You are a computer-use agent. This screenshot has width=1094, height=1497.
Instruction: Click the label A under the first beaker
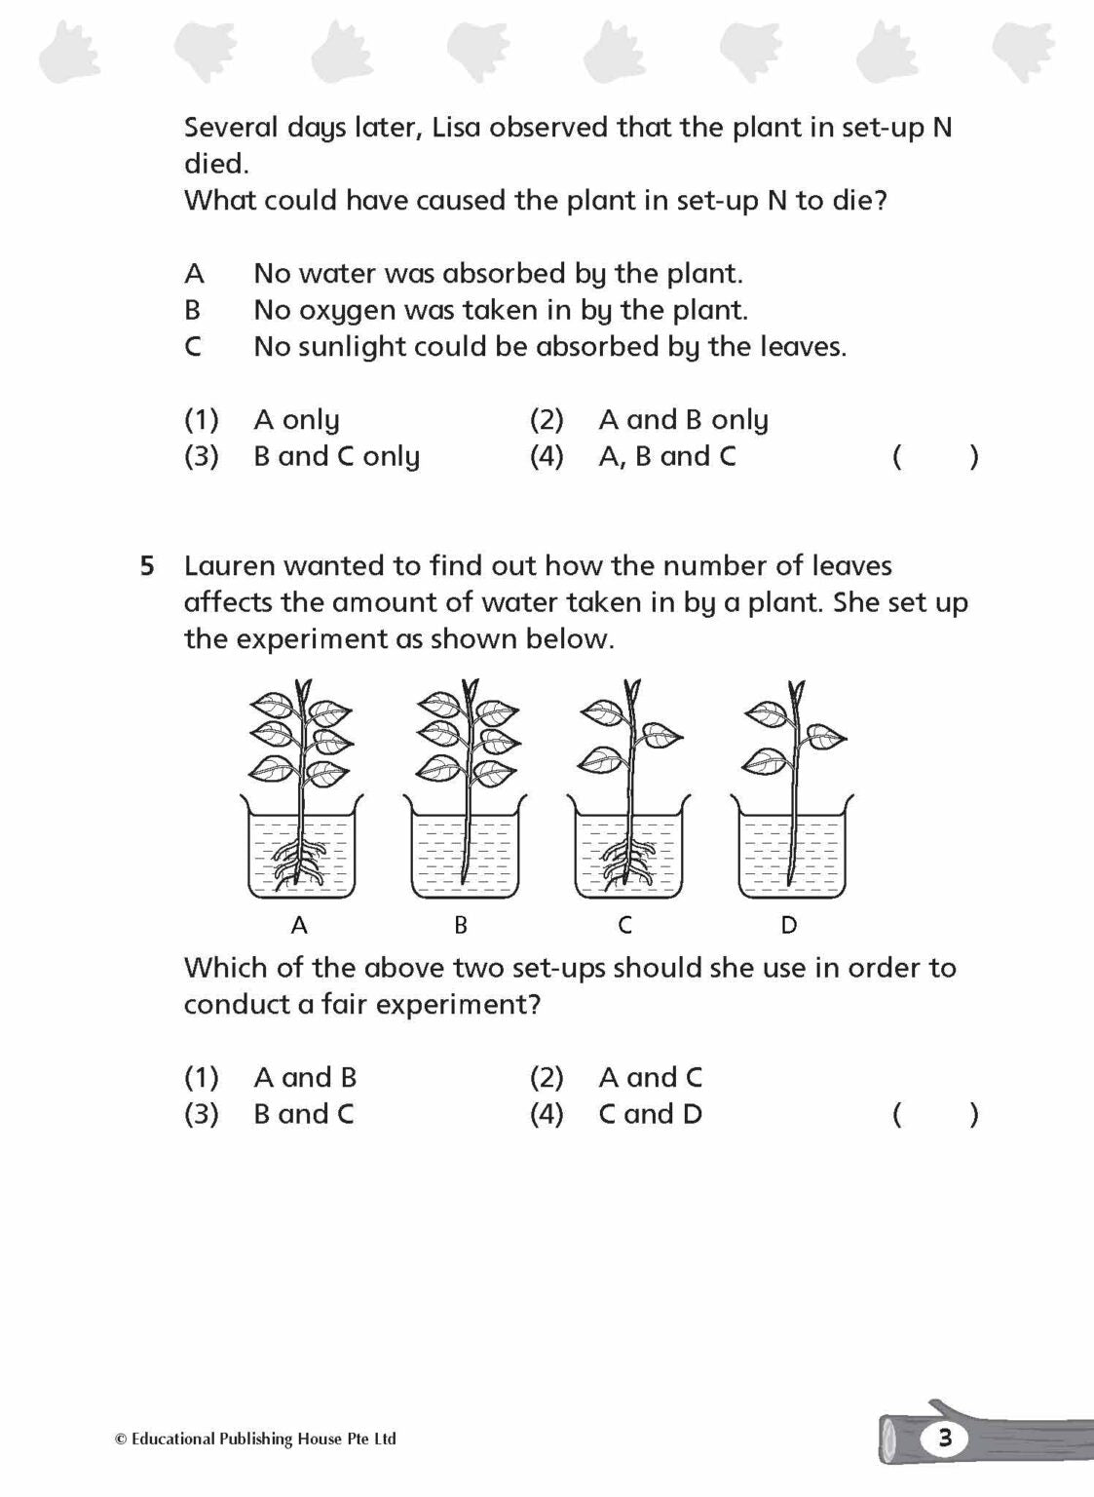[299, 925]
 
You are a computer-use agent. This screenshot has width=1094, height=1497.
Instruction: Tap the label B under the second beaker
[461, 925]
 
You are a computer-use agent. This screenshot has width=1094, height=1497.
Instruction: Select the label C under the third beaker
[625, 925]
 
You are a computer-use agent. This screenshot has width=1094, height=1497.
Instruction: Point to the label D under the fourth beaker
[789, 925]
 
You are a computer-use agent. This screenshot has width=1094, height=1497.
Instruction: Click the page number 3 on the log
[944, 1438]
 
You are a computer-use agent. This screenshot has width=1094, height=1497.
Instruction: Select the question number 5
[147, 566]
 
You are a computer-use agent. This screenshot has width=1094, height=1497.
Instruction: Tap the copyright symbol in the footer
[121, 1439]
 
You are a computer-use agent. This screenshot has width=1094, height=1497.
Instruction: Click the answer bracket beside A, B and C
[935, 456]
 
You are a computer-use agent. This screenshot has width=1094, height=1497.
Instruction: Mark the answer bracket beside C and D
[935, 1114]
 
